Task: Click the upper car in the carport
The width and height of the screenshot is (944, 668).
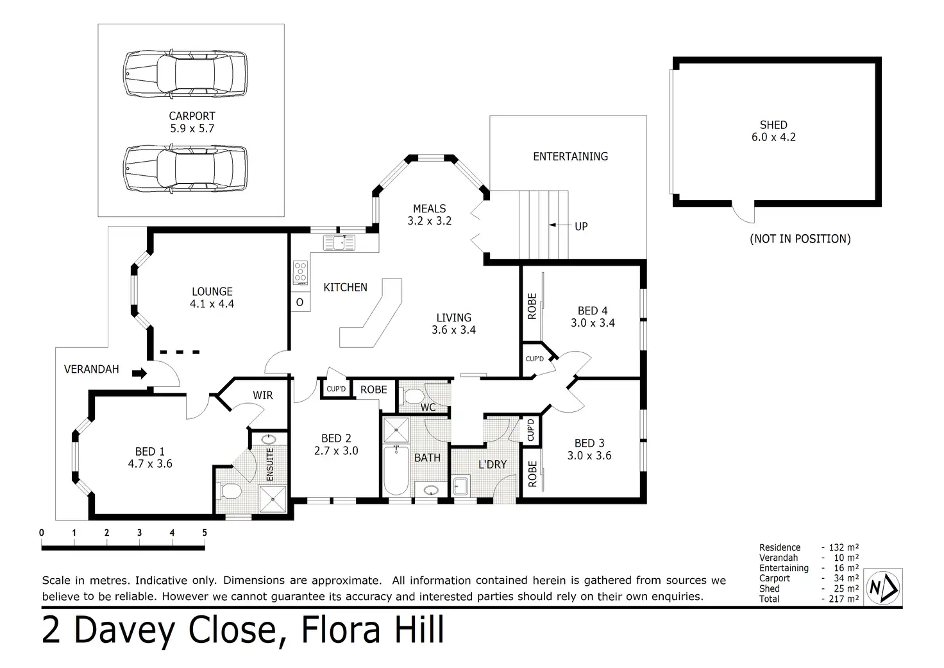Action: click(x=185, y=74)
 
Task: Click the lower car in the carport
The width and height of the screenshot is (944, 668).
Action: click(x=185, y=169)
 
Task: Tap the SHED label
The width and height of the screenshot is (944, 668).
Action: click(x=773, y=125)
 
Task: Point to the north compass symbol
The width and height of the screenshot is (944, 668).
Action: click(x=883, y=587)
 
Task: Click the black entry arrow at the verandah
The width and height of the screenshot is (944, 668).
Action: click(x=139, y=373)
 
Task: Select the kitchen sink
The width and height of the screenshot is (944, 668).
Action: click(x=339, y=243)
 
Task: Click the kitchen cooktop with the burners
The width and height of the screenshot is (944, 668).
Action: click(x=301, y=273)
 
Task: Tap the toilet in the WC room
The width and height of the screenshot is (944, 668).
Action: click(x=413, y=396)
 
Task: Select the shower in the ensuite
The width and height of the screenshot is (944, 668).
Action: click(x=273, y=499)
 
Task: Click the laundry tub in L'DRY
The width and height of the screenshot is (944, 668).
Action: click(x=460, y=486)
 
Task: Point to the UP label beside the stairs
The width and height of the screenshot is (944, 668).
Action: click(x=581, y=227)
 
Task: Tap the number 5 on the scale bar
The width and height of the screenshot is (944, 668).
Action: click(x=205, y=533)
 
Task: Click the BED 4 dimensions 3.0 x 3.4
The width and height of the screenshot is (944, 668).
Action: click(x=593, y=323)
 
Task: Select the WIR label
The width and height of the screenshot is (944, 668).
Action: click(x=262, y=395)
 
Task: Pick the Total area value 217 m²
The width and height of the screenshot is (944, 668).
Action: click(x=844, y=599)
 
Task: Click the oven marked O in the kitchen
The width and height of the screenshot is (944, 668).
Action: click(x=299, y=302)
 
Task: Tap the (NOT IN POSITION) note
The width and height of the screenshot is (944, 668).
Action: click(x=800, y=239)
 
